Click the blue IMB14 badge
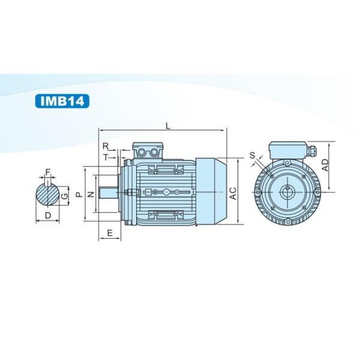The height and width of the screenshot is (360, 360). tap(62, 101)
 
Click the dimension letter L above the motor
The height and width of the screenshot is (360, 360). tap(168, 125)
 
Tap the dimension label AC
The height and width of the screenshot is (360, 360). tap(233, 193)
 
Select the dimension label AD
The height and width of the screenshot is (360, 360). tap(325, 165)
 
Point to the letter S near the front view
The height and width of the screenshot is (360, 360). tap(253, 155)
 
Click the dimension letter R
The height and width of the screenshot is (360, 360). tap(106, 146)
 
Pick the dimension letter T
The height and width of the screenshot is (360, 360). tap(106, 157)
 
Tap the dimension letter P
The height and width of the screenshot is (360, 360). tap(79, 194)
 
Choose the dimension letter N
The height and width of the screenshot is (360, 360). tap(91, 194)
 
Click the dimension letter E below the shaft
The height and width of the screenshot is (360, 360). tap(110, 233)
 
